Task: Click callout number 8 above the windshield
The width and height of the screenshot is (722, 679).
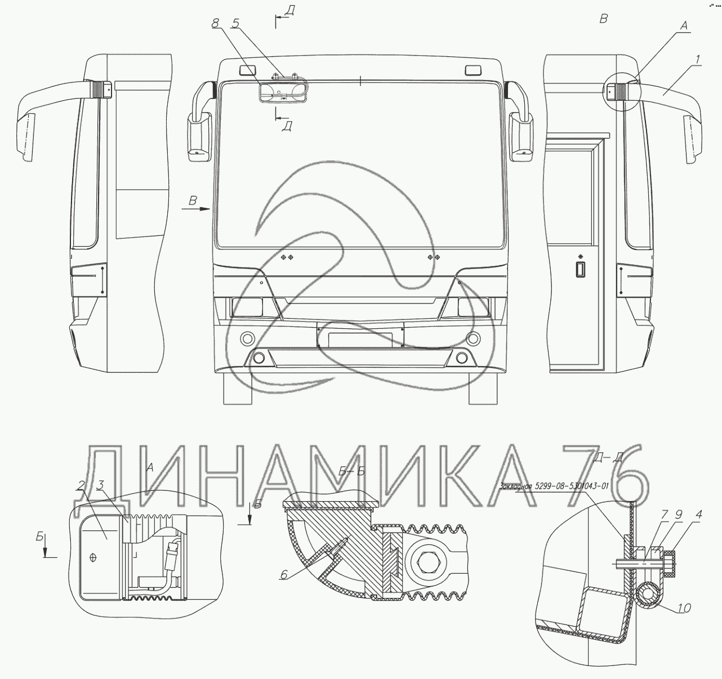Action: coord(215,24)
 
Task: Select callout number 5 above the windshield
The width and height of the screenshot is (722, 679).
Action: coord(235,24)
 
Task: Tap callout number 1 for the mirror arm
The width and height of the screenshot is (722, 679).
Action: coord(697,59)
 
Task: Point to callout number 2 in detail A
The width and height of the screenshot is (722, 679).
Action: coord(82,485)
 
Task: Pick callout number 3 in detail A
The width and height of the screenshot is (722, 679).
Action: coord(100,485)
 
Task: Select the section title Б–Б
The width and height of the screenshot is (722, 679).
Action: coord(352,472)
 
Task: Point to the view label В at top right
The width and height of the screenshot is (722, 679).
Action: coord(603,19)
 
